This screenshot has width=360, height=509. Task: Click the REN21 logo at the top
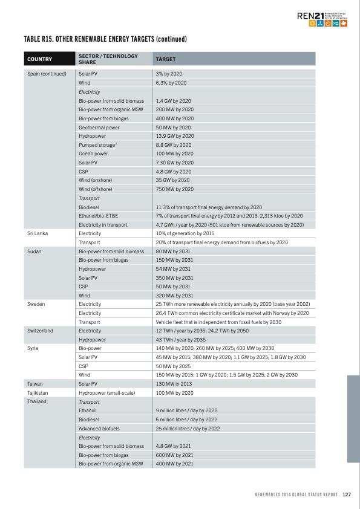click(327, 19)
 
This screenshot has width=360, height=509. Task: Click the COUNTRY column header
click(39, 59)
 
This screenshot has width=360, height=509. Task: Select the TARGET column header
click(166, 59)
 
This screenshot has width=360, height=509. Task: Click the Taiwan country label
click(34, 384)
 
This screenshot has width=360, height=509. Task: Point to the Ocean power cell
click(94, 154)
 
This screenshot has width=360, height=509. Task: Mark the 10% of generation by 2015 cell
click(185, 233)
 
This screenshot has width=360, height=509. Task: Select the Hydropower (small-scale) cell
click(106, 392)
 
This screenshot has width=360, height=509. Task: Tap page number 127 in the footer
click(347, 494)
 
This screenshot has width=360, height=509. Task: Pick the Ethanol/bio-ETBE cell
click(99, 216)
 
